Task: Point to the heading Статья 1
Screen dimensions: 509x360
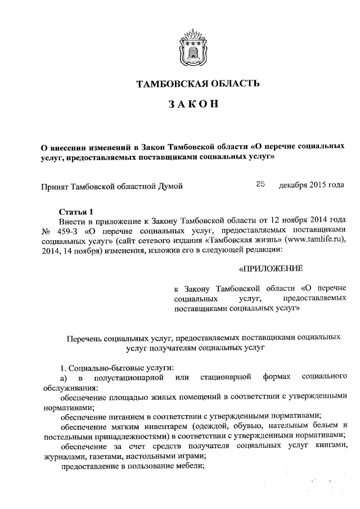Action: [75, 211]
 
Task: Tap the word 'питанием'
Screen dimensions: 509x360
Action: [119, 416]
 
